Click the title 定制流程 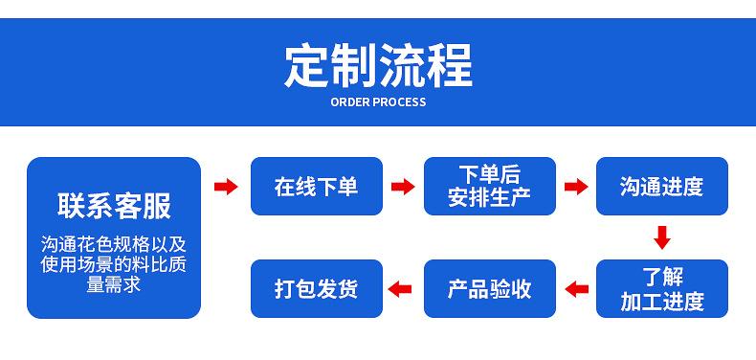pos(379,66)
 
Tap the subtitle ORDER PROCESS pos(379,102)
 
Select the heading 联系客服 pos(114,206)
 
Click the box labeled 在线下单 pos(317,187)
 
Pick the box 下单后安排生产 pos(490,187)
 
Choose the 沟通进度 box pos(662,187)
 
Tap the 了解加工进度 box pos(662,288)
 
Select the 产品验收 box pos(490,288)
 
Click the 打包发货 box pos(317,288)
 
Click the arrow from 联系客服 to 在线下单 pos(226,187)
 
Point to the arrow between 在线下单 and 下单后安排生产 pos(403,187)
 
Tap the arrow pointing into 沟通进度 pos(576,187)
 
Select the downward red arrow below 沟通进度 pos(662,237)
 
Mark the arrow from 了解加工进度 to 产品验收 pos(576,289)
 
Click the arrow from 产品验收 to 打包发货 pos(400,289)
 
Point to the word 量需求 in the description pos(114,284)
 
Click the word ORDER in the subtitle pos(350,102)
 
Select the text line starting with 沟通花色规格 pos(114,245)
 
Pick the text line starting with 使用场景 pos(114,264)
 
